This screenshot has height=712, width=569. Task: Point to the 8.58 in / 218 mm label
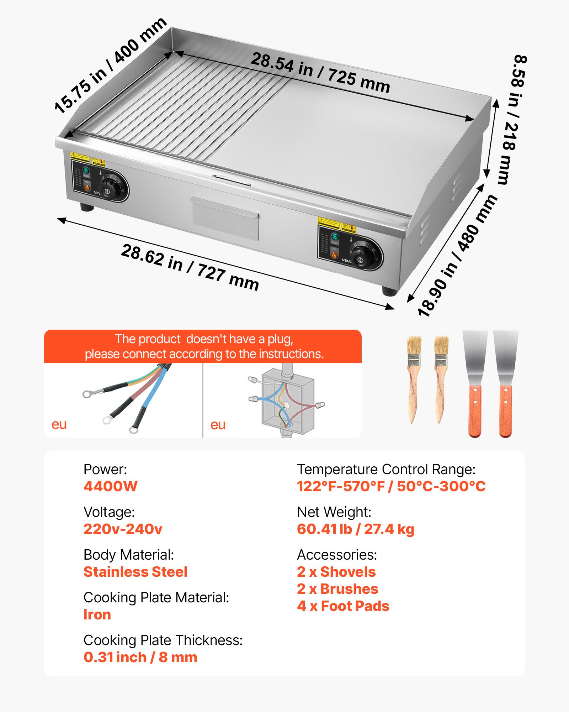[x=512, y=119]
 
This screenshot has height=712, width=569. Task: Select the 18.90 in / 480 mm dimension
[x=457, y=256]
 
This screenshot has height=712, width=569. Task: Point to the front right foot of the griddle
[x=390, y=291]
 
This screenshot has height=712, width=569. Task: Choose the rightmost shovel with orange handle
[x=505, y=383]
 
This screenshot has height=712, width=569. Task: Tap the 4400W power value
[x=111, y=486]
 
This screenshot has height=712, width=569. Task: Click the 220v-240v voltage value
[x=123, y=529]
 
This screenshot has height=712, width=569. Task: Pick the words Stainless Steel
[x=135, y=572]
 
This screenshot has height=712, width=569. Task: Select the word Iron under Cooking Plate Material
[x=97, y=614]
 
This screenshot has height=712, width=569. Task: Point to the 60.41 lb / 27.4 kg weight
[x=356, y=529]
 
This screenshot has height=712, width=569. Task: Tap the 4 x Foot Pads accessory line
[x=343, y=606]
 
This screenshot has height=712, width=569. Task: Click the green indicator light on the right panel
[x=334, y=237]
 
